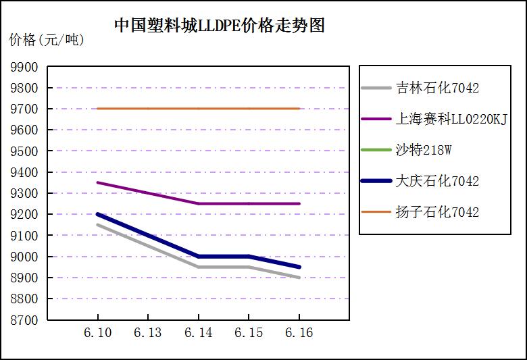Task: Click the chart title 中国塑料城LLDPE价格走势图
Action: pyautogui.click(x=220, y=26)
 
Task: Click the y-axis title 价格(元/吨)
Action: pyautogui.click(x=47, y=40)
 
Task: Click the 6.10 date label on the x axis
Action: pyautogui.click(x=98, y=333)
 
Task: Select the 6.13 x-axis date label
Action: pyautogui.click(x=148, y=333)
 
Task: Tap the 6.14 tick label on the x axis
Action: pyautogui.click(x=198, y=333)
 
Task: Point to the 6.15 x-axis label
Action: pyautogui.click(x=249, y=333)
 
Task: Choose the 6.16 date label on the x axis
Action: pyautogui.click(x=299, y=333)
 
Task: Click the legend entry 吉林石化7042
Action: pyautogui.click(x=437, y=88)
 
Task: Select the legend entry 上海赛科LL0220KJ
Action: pyautogui.click(x=451, y=119)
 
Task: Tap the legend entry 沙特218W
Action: pyautogui.click(x=423, y=150)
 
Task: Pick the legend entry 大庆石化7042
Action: pyautogui.click(x=437, y=181)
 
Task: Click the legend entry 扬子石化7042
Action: pyautogui.click(x=437, y=212)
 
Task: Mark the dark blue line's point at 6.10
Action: pyautogui.click(x=98, y=214)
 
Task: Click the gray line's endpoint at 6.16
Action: pyautogui.click(x=299, y=278)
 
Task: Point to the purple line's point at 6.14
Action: pyautogui.click(x=198, y=203)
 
